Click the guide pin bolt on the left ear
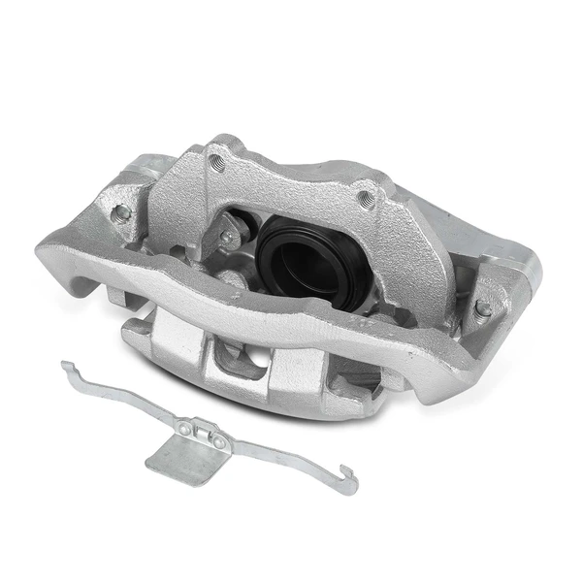(x=120, y=211)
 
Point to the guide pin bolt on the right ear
(x=482, y=308)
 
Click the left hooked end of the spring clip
(x=65, y=368)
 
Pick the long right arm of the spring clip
(x=286, y=456)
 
